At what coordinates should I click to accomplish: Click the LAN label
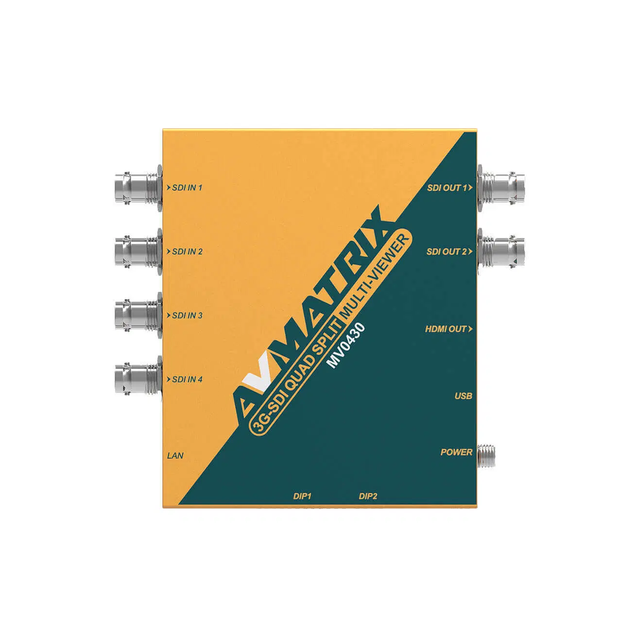[175, 456]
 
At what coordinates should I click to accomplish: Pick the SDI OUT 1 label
[447, 188]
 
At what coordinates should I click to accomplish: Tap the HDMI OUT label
[446, 329]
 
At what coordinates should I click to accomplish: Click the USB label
[463, 396]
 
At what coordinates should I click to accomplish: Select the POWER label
[456, 452]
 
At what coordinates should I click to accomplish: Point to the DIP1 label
[302, 497]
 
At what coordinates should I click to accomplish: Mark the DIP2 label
[368, 497]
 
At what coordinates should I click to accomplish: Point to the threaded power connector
[486, 455]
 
